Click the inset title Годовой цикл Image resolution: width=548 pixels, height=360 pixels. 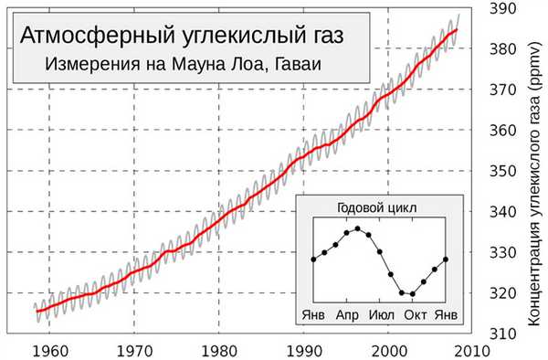tap(377, 208)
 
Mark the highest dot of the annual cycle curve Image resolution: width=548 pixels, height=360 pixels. tap(358, 228)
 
